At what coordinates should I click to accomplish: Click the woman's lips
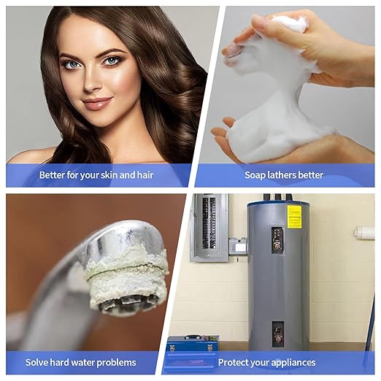[97, 104]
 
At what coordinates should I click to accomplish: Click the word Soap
[256, 175]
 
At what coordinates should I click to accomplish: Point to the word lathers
[286, 175]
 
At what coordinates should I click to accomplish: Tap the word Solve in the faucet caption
[37, 362]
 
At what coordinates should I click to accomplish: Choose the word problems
[115, 362]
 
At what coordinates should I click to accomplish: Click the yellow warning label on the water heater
[294, 216]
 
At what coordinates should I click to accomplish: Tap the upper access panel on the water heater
[277, 239]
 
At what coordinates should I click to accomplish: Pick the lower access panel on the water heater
[278, 332]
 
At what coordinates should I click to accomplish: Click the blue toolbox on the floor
[192, 343]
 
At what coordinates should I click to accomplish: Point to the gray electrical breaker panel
[209, 226]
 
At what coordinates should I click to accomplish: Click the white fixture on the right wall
[363, 233]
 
